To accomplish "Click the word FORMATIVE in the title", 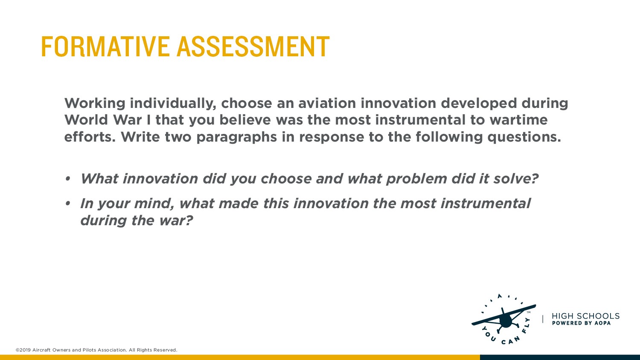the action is [105, 46].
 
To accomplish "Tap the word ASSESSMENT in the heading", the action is [253, 46].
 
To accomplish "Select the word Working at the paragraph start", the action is [95, 103].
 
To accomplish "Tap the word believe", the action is [245, 119].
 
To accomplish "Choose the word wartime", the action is [518, 119].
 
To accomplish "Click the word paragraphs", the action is [236, 137].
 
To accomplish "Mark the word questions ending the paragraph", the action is [524, 137].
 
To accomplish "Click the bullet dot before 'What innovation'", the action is [68, 179].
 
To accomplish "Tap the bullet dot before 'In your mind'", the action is [68, 204].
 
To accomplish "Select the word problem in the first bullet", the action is [416, 179].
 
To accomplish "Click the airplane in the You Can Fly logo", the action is [504, 319].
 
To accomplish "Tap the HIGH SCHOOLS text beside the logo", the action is [585, 316].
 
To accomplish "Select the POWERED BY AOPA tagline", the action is [581, 323].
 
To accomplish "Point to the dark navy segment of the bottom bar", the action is [560, 357].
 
